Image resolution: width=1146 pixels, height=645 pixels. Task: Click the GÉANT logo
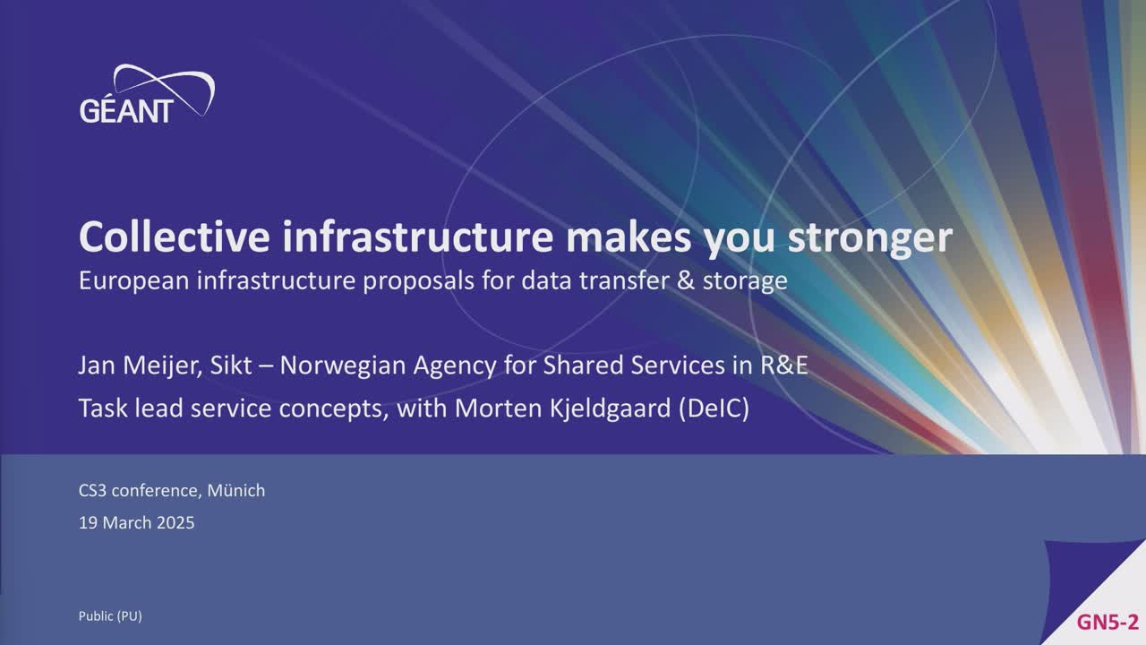pos(147,94)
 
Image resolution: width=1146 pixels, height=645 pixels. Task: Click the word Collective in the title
pos(175,236)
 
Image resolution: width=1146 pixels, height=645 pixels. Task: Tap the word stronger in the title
pos(870,239)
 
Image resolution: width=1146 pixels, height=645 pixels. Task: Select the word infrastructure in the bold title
pos(418,236)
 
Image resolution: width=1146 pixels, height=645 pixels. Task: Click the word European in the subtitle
pos(134,281)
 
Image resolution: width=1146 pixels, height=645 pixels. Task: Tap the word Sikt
pos(231,365)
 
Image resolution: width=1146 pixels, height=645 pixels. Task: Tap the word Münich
pos(236,490)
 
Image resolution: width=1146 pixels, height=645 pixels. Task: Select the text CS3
pos(92,491)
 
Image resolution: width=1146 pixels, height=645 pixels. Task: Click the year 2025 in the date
pos(175,523)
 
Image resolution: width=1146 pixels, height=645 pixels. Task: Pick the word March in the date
pos(127,523)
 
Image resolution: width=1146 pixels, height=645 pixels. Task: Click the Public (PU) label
pos(110,616)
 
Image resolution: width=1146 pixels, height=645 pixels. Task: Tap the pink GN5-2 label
pos(1108,622)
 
